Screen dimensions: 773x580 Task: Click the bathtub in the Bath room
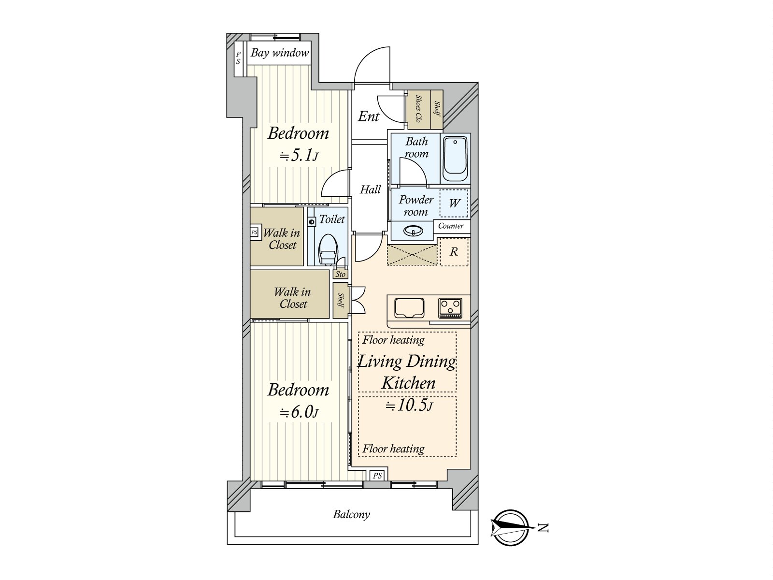click(455, 159)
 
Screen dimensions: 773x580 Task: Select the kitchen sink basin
click(409, 308)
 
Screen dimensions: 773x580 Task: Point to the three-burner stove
click(450, 308)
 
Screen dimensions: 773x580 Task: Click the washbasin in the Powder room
click(413, 232)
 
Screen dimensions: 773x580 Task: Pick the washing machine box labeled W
click(454, 203)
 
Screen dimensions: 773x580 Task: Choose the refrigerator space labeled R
click(454, 252)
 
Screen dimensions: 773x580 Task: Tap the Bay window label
click(280, 53)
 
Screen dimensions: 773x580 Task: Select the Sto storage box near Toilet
click(340, 274)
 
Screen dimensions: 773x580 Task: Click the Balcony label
click(351, 514)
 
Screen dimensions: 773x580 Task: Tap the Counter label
click(451, 226)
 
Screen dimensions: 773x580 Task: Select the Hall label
click(370, 190)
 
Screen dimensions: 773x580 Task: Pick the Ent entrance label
click(369, 116)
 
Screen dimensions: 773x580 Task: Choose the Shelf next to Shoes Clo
click(437, 110)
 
